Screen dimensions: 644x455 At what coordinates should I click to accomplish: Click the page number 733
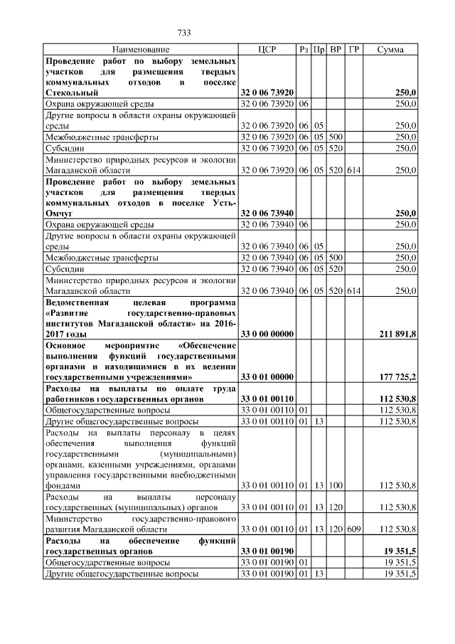coord(185,33)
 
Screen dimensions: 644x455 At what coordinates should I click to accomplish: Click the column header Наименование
coord(141,50)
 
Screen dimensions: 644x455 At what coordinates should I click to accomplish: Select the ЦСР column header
coord(266,50)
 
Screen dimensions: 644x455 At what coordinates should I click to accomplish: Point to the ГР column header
coord(354,50)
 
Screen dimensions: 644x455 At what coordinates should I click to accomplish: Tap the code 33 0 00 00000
coord(267,333)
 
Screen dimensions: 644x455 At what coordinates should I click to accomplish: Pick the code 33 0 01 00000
coord(267,376)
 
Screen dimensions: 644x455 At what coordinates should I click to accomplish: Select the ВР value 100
coord(336,485)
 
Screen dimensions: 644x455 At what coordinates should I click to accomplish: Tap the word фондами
coord(61,485)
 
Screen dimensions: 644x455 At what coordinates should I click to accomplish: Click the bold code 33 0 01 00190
coord(267,551)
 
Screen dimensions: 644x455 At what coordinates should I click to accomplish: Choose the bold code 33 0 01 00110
coord(267,400)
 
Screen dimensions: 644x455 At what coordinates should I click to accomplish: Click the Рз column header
coord(303,50)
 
